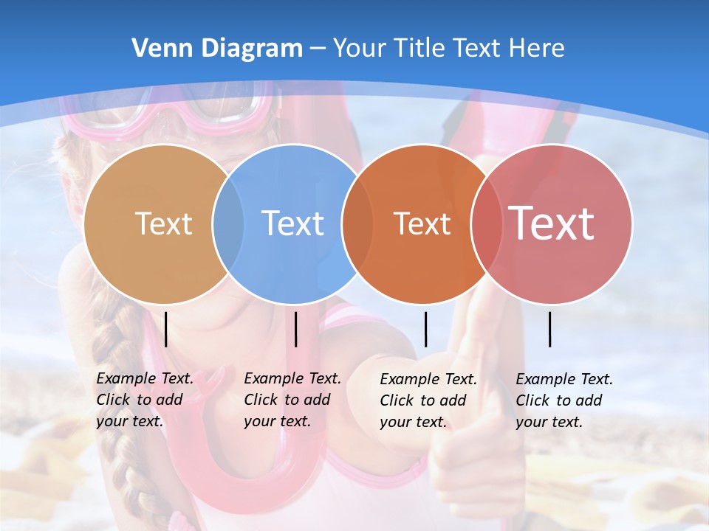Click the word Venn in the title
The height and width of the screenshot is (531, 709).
157,49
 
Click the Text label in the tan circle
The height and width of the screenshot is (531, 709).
163,223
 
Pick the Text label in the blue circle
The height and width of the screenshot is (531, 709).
293,223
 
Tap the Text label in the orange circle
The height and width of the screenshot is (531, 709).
422,223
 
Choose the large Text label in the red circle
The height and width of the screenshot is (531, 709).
552,223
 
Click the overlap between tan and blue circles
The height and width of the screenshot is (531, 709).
228,223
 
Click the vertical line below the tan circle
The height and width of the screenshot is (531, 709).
166,329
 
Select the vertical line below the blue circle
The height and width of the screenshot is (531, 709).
295,329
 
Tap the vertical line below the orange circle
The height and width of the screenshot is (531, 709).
425,329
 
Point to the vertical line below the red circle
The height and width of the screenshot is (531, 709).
550,329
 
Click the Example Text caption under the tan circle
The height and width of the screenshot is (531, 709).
145,400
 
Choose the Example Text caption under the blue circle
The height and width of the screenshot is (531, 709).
292,400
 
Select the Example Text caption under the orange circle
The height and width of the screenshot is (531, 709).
428,400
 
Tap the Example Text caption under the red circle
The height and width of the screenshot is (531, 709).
564,400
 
